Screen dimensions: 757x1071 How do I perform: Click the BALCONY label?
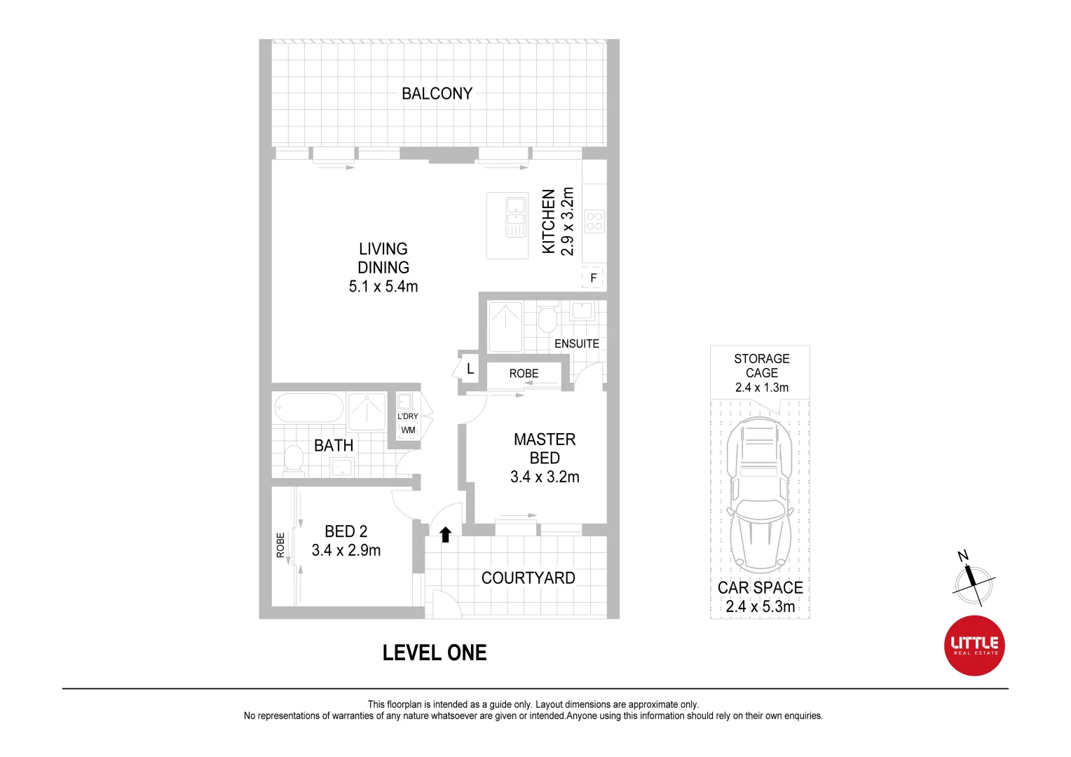tap(437, 93)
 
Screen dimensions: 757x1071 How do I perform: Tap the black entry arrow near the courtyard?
tap(445, 535)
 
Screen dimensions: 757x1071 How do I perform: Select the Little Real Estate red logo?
tap(974, 645)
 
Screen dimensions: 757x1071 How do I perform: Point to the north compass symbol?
tap(973, 582)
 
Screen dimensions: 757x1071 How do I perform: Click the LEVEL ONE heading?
tap(434, 653)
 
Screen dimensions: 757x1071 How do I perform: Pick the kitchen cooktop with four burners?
tap(594, 221)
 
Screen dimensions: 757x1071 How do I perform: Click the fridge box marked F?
tap(593, 278)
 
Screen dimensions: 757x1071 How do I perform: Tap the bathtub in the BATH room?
tap(308, 407)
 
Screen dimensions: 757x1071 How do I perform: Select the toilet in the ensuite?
tap(547, 320)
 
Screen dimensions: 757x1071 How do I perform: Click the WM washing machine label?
tap(408, 430)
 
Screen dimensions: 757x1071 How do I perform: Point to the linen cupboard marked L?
tap(470, 369)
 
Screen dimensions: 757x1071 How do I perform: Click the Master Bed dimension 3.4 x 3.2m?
tap(545, 477)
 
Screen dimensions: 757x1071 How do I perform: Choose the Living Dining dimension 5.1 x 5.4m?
tap(383, 286)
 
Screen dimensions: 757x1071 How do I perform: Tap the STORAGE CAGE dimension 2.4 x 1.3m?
tap(761, 388)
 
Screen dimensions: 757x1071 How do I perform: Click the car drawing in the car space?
tap(760, 494)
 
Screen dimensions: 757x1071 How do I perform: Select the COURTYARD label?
tap(528, 578)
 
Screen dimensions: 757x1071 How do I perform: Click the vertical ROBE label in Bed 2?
tap(280, 545)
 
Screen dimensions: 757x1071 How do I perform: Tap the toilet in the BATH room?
tap(293, 460)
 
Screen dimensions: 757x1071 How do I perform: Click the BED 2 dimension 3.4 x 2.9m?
tap(346, 550)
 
